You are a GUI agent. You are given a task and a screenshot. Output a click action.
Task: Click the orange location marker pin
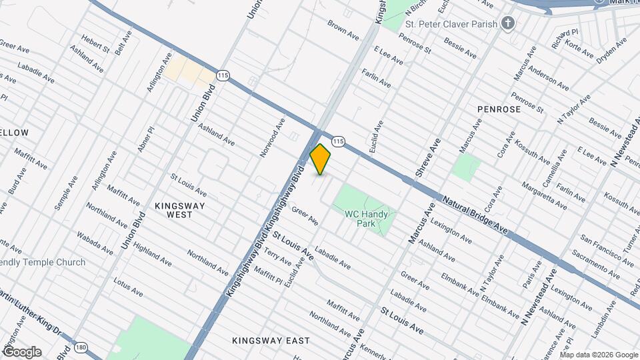click(321, 159)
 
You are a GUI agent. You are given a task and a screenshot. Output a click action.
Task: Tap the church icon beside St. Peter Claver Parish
click(509, 24)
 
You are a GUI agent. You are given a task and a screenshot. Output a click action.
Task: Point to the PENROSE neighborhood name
click(499, 108)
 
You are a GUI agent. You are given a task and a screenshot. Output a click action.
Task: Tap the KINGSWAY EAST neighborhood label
click(271, 341)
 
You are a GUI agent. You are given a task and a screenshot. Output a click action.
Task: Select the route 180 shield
click(81, 347)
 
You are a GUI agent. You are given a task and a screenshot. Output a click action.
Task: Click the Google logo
click(21, 352)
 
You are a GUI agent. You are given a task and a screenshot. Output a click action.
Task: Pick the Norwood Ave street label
click(273, 137)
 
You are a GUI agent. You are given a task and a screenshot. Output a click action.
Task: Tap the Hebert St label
click(95, 43)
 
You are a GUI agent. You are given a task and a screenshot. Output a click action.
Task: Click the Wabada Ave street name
click(94, 243)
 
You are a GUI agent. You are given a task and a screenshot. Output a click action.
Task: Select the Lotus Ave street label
click(128, 287)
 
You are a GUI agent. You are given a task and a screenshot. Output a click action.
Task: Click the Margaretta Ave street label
click(544, 195)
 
